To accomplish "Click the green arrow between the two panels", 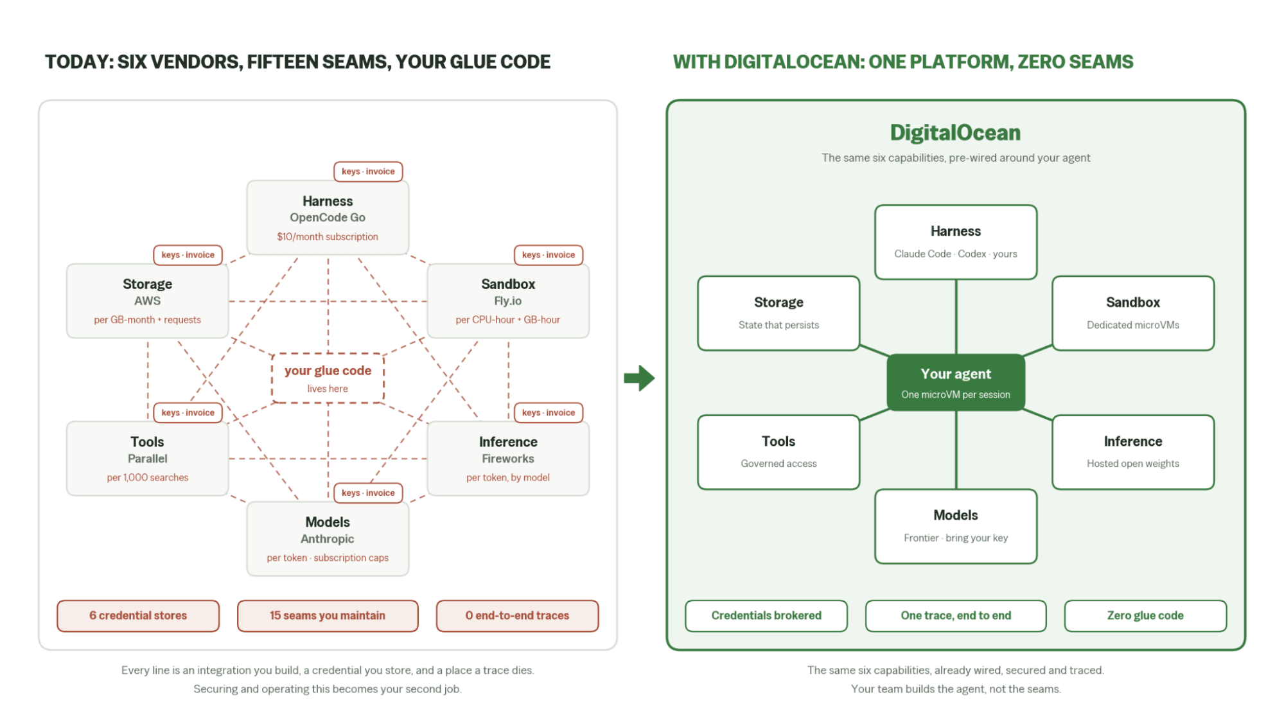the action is click(639, 378).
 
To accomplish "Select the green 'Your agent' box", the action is click(955, 382).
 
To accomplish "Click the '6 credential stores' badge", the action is click(138, 615).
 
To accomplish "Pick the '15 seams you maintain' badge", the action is click(328, 615).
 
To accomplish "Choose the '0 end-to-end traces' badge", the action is click(517, 615).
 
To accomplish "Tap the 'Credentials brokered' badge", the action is click(766, 615).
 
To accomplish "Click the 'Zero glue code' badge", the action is click(1145, 615).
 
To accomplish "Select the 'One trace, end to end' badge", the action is click(956, 615).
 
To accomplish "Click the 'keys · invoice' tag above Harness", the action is click(368, 171).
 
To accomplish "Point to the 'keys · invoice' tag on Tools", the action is click(188, 412).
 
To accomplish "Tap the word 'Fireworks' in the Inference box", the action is click(508, 459).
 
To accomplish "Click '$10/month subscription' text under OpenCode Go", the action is click(328, 236).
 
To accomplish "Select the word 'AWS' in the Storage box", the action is click(147, 301).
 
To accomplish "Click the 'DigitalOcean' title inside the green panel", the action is click(955, 132).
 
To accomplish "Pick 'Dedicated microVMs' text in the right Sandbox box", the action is click(1133, 325).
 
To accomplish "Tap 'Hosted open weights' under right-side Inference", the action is click(1133, 464).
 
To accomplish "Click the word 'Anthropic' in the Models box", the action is click(328, 539).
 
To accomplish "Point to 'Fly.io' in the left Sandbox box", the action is click(508, 301).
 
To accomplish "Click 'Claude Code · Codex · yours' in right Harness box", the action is click(956, 254).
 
